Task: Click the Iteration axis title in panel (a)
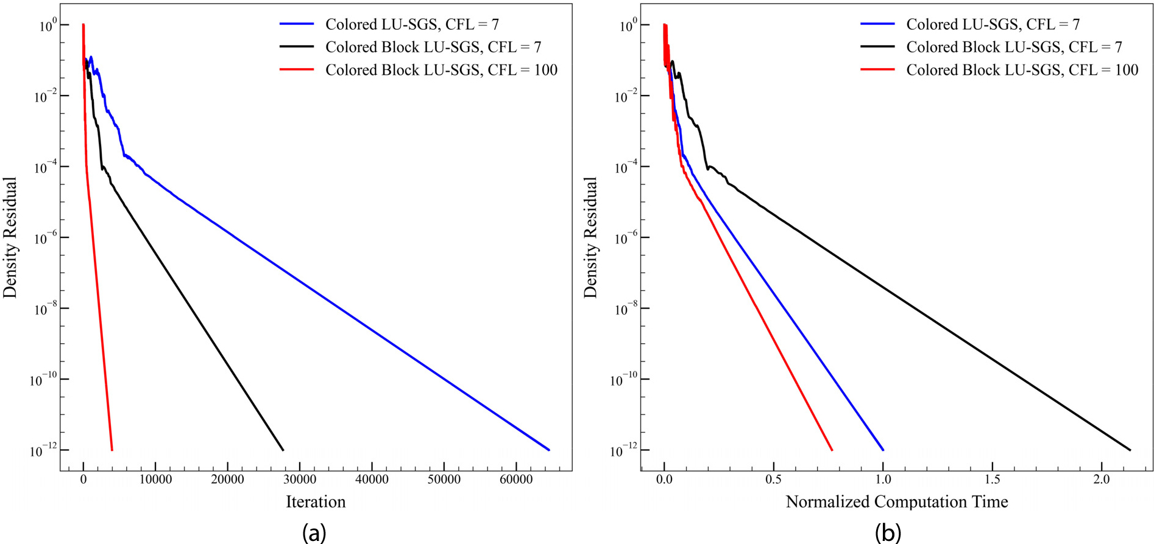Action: point(316,501)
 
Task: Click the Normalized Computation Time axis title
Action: point(896,501)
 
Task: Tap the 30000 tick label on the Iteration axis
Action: point(300,479)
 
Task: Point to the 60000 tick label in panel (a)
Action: point(516,479)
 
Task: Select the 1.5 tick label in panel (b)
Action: point(993,479)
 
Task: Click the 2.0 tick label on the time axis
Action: point(1102,479)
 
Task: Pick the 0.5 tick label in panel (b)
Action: point(774,479)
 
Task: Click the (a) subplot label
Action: point(314,533)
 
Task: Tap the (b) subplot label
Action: point(888,533)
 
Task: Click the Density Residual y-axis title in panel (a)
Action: point(10,237)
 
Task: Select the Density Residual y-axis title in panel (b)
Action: point(590,237)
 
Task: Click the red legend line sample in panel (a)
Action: point(297,70)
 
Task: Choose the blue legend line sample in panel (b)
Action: point(877,24)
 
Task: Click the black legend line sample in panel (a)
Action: point(297,47)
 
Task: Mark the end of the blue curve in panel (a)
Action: point(549,450)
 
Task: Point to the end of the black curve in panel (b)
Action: point(1130,450)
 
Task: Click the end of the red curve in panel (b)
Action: point(832,450)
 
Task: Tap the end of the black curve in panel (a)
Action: point(283,450)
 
